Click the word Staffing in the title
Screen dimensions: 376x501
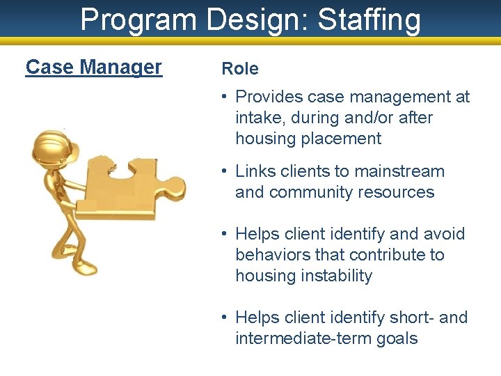point(369,20)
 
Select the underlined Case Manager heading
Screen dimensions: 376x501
point(93,67)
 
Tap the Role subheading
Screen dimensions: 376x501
point(239,68)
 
